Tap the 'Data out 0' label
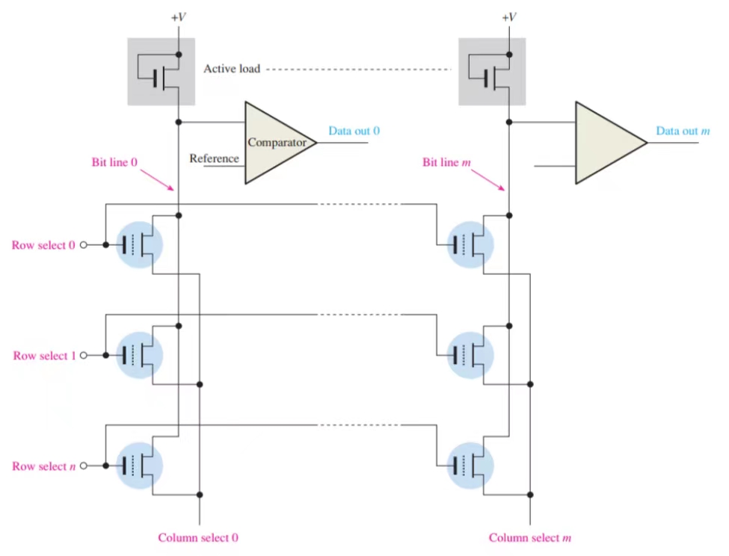coord(354,131)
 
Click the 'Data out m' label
coord(683,131)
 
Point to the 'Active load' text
coord(232,69)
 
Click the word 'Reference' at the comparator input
coord(214,158)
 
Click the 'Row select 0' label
coord(43,245)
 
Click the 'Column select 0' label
coord(197,537)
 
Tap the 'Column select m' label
coord(530,537)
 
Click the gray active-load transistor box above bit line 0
coord(161,72)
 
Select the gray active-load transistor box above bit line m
coord(491,72)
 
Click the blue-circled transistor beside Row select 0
coord(140,245)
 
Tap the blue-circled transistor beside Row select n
coord(140,466)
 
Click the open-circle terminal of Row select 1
coord(84,356)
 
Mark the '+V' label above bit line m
coord(509,16)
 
